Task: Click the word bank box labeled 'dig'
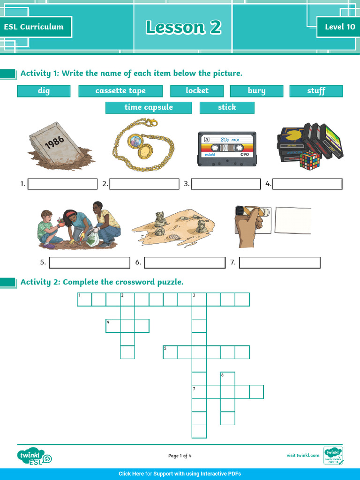[x=44, y=91]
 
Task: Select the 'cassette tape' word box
[x=120, y=91]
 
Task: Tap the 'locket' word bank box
[x=197, y=91]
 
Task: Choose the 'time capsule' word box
[x=149, y=107]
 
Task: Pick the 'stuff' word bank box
[x=316, y=91]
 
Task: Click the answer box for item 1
[x=63, y=184]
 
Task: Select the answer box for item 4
[x=307, y=184]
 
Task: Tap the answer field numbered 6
[x=185, y=262]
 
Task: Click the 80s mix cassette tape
[x=227, y=149]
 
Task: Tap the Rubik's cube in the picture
[x=309, y=160]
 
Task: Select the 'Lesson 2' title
[x=183, y=27]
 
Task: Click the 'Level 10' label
[x=340, y=27]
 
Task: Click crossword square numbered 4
[x=113, y=325]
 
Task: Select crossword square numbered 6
[x=227, y=378]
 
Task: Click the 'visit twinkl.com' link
[x=303, y=455]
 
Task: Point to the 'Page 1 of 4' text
[x=180, y=456]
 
